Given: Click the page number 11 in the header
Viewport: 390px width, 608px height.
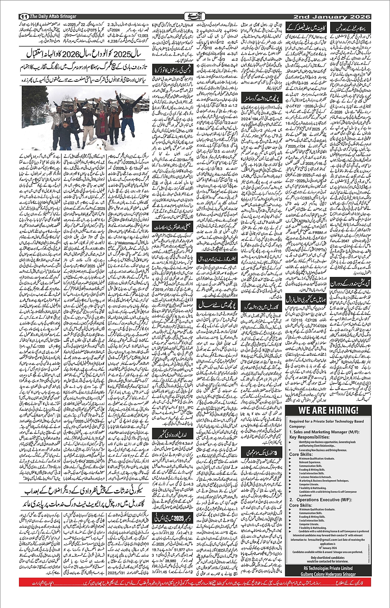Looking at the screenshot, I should tap(23, 17).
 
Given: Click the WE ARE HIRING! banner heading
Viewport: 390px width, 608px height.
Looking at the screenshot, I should tap(329, 410).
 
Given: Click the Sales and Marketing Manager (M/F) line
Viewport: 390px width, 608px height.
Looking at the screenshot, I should tap(325, 432).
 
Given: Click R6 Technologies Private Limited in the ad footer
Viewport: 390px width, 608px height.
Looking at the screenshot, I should tap(329, 568).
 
